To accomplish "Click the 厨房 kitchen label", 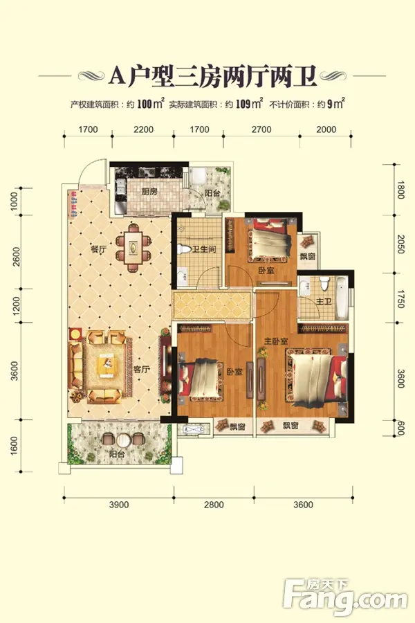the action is pyautogui.click(x=149, y=192).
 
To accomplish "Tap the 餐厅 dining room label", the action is pyautogui.click(x=98, y=250).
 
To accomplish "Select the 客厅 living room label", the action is pyautogui.click(x=141, y=369).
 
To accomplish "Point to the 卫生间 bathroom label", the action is pyautogui.click(x=204, y=249).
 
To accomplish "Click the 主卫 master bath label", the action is pyautogui.click(x=324, y=302).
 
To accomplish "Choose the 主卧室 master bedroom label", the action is pyautogui.click(x=277, y=341).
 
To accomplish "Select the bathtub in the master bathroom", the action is pyautogui.click(x=342, y=298).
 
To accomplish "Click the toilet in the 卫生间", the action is pyautogui.click(x=184, y=249).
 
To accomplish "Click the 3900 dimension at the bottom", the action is pyautogui.click(x=119, y=505).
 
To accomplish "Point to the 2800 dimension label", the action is pyautogui.click(x=214, y=505).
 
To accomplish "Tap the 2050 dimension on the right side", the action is pyautogui.click(x=400, y=244).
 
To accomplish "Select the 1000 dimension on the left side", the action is pyautogui.click(x=14, y=201).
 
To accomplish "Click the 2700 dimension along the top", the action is pyautogui.click(x=261, y=129).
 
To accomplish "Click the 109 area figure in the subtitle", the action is pyautogui.click(x=243, y=105).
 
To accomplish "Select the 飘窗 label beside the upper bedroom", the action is pyautogui.click(x=308, y=256).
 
